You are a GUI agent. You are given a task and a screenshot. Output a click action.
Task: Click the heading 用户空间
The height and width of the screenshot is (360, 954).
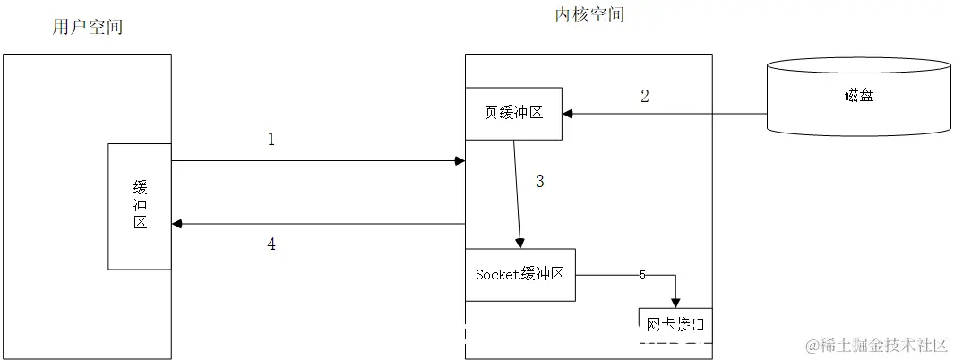(x=88, y=27)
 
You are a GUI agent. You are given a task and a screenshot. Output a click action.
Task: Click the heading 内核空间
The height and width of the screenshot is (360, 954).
(x=589, y=14)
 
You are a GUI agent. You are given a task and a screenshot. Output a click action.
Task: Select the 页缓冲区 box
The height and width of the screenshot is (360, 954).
(x=513, y=114)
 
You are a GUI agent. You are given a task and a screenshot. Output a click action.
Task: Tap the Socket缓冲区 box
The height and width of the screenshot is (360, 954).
(x=520, y=275)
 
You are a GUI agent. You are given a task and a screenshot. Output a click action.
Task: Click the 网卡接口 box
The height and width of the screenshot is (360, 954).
(x=675, y=324)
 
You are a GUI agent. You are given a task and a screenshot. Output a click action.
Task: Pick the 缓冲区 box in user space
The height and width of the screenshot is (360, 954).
(x=140, y=206)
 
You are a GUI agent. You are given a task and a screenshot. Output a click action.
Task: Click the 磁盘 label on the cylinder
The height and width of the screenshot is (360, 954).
(x=858, y=96)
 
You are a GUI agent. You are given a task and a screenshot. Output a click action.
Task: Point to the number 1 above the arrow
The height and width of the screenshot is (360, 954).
(x=271, y=139)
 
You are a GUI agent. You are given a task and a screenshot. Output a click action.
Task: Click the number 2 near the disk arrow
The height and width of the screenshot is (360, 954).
(x=644, y=96)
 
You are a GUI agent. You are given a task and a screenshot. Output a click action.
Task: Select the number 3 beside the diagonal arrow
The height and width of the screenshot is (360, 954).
(x=539, y=181)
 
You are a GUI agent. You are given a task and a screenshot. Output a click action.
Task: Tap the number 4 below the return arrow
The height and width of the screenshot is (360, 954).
(x=271, y=244)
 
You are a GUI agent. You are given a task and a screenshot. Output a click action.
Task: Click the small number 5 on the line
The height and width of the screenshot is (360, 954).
(x=642, y=275)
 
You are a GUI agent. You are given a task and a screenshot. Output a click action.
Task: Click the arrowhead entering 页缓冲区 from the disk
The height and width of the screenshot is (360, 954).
(x=568, y=114)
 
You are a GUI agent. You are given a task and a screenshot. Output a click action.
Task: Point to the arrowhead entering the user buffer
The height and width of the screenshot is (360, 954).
(x=176, y=223)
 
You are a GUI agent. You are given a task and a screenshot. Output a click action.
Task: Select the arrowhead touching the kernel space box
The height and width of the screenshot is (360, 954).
(x=460, y=161)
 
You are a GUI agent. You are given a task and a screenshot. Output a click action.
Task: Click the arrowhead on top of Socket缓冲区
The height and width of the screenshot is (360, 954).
(x=519, y=243)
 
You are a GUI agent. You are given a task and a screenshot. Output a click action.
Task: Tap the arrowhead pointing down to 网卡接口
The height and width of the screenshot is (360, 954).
(x=675, y=302)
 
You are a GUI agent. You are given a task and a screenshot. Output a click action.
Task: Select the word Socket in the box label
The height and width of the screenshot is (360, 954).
(x=497, y=275)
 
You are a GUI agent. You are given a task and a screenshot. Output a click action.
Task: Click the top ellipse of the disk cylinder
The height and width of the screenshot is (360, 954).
(x=858, y=65)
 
